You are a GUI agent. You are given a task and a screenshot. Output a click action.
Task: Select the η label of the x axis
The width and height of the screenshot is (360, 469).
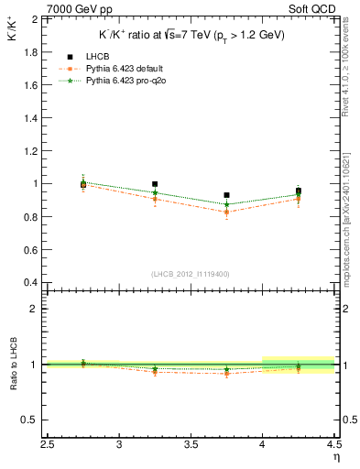point(337,456)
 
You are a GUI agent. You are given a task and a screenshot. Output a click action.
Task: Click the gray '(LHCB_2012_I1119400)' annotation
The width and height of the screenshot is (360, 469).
point(191,275)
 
